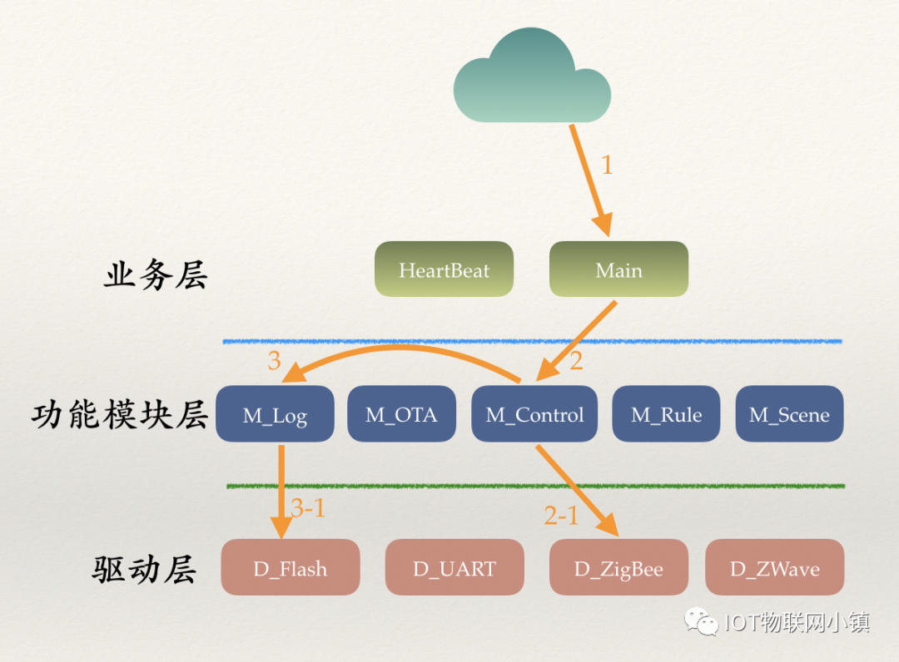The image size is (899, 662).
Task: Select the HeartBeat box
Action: click(444, 269)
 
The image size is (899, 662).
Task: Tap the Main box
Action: click(618, 269)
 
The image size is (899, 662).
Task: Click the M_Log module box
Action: click(275, 414)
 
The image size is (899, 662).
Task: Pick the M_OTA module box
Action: click(401, 414)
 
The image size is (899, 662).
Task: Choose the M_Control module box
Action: click(534, 414)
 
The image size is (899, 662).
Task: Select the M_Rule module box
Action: click(666, 414)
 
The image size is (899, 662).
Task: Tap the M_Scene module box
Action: click(789, 414)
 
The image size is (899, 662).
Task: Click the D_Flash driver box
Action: click(290, 568)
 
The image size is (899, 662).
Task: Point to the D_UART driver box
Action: click(454, 568)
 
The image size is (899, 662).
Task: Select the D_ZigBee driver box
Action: click(618, 568)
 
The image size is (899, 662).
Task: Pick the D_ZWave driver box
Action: click(774, 568)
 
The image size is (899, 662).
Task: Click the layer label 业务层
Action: click(155, 275)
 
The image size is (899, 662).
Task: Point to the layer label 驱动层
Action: click(144, 570)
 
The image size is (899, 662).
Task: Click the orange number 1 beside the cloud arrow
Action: click(606, 165)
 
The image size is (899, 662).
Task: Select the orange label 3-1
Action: click(308, 508)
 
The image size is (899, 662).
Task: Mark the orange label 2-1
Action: click(561, 516)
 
